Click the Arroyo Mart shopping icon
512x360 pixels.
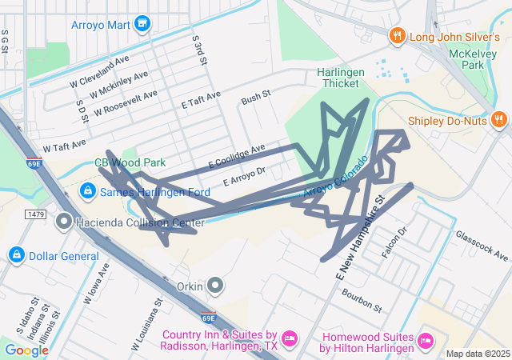pos(143,25)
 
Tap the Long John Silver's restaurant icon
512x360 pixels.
pos(395,36)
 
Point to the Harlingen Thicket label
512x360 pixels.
pos(341,78)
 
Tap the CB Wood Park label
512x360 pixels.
pos(124,162)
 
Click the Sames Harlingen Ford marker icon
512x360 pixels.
pos(88,192)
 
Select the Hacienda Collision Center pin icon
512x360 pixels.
pos(64,220)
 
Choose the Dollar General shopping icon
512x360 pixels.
pos(15,255)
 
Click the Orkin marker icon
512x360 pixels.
pos(214,285)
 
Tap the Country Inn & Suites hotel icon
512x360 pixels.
pos(290,339)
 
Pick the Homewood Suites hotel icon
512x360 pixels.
pos(426,342)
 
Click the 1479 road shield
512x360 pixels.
pos(35,214)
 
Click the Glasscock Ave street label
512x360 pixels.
pos(482,246)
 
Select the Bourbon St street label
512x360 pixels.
pos(362,298)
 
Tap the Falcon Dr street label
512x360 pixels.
pos(395,242)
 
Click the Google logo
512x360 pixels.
pos(27,350)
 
